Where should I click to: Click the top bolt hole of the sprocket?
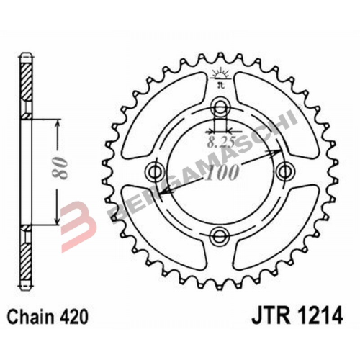pyautogui.click(x=220, y=110)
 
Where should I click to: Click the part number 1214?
pyautogui.click(x=313, y=316)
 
